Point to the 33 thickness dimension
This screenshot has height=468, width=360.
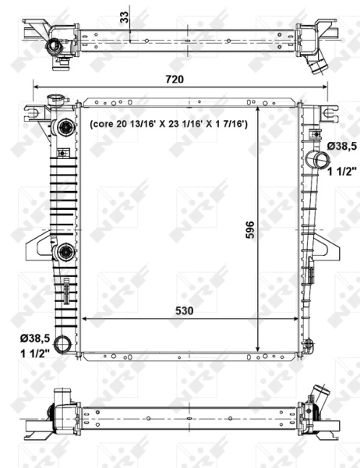pos(124,17)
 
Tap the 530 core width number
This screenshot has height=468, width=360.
pos(185,310)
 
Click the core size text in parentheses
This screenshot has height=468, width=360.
pos(168,124)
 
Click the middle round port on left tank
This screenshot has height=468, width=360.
pos(65,251)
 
